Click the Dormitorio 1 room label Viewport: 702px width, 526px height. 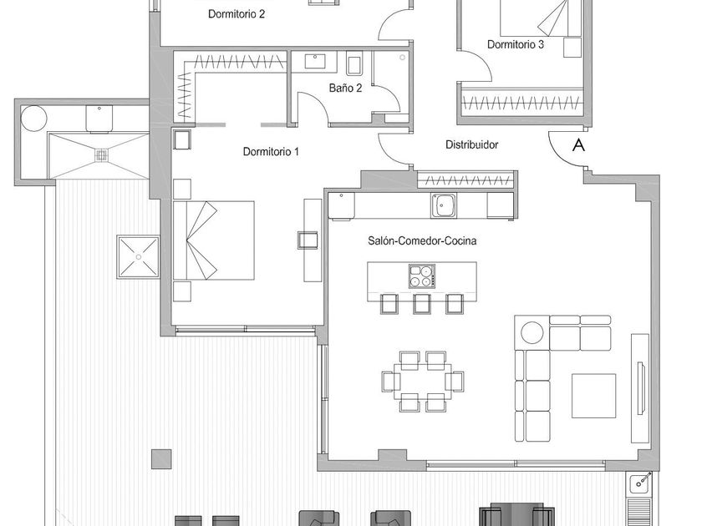click(271, 151)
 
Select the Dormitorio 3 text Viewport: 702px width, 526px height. click(516, 45)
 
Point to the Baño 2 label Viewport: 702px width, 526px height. click(345, 88)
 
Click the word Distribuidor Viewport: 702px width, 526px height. click(471, 144)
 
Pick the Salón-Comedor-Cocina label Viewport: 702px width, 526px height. click(422, 240)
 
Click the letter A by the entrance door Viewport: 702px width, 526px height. click(577, 145)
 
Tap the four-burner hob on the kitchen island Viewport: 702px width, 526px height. click(422, 276)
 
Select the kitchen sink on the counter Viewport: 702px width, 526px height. click(443, 204)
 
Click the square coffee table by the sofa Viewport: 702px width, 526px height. click(593, 395)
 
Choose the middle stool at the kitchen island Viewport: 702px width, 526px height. click(422, 303)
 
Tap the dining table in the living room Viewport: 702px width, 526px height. click(422, 381)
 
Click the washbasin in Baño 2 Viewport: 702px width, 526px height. click(317, 62)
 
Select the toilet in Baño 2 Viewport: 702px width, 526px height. click(353, 63)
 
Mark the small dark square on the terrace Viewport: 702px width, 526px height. click(161, 458)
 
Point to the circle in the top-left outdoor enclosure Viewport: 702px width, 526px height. click(34, 118)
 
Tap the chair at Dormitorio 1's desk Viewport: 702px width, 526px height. click(307, 240)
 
